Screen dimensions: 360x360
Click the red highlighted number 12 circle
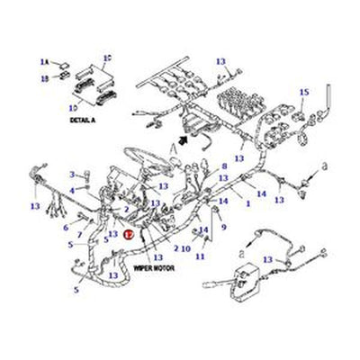(x=129, y=232)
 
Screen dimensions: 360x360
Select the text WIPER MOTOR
(x=154, y=268)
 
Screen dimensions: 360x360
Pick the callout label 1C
(x=107, y=59)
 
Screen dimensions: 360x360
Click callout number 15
(x=303, y=93)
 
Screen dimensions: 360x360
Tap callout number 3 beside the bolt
(x=72, y=174)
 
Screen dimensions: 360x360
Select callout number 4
(x=72, y=191)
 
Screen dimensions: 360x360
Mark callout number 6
(x=65, y=227)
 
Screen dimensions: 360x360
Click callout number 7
(x=81, y=236)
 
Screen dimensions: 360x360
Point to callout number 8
(x=224, y=166)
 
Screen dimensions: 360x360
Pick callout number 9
(x=223, y=228)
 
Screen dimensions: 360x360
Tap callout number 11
(x=200, y=256)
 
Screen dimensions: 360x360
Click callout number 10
(x=185, y=247)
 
